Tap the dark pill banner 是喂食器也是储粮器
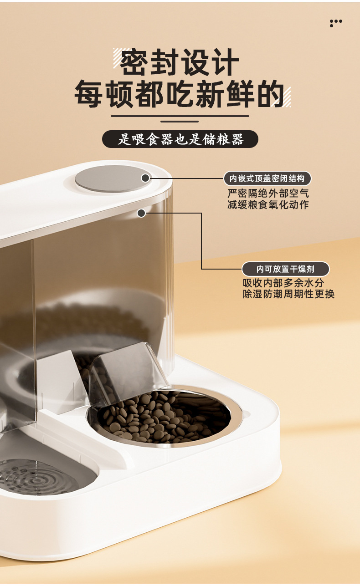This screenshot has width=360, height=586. tap(180, 139)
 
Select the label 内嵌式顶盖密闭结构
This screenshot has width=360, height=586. tap(267, 178)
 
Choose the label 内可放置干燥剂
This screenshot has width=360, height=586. tap(285, 269)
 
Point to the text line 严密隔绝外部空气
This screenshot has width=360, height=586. tap(268, 193)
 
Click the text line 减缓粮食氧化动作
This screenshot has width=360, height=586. tap(268, 204)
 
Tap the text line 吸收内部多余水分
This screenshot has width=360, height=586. tap(283, 283)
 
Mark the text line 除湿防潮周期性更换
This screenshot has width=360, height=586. tap(289, 294)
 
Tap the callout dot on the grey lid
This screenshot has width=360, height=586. tap(145, 178)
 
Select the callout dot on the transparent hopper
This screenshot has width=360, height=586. tap(141, 213)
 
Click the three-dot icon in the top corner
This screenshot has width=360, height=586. tap(335, 22)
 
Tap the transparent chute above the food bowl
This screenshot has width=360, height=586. tap(123, 371)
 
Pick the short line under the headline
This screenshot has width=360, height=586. tap(180, 122)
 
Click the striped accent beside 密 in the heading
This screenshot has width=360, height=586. tap(120, 57)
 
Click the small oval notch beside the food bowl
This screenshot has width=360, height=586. tap(247, 414)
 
